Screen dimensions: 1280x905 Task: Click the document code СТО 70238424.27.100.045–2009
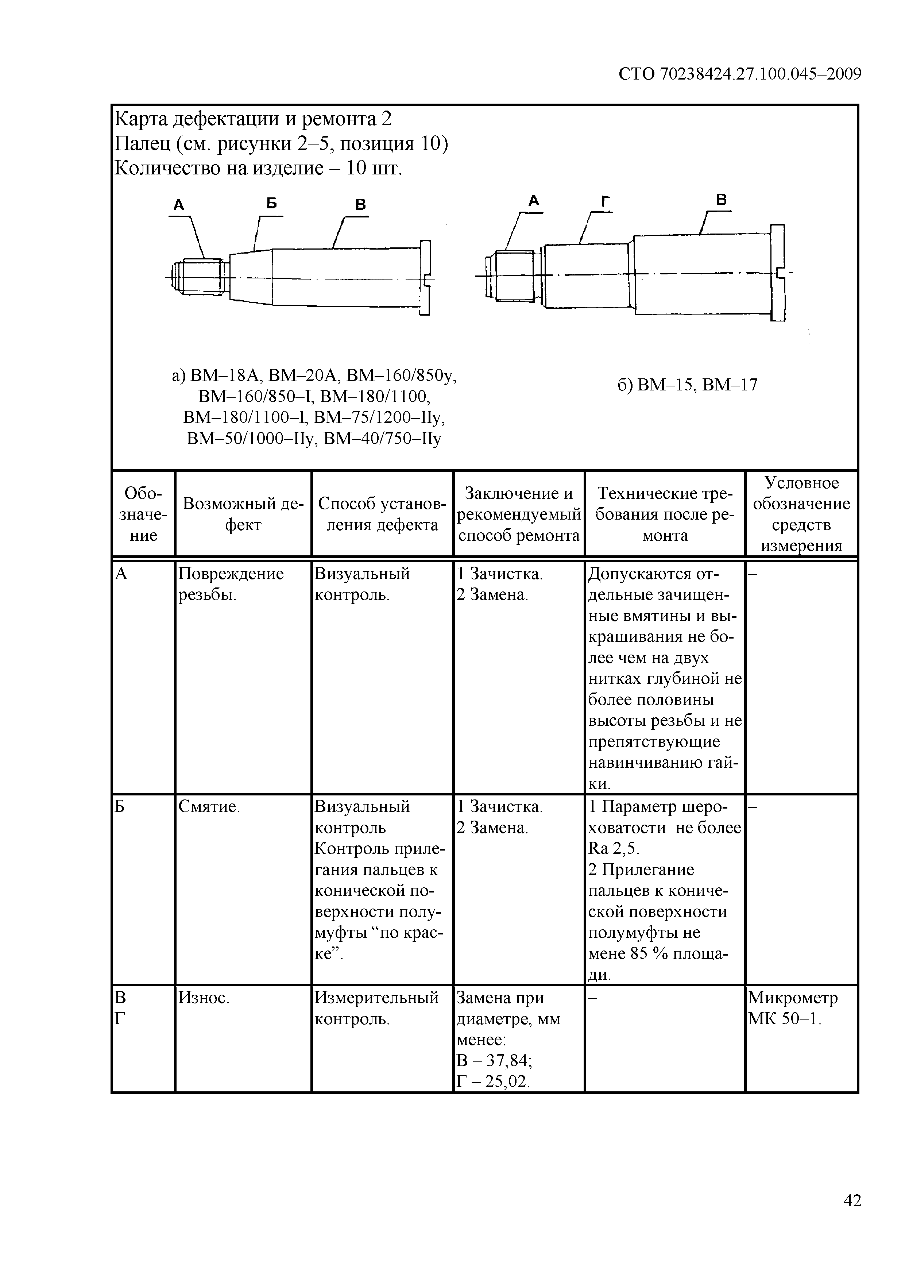click(x=740, y=74)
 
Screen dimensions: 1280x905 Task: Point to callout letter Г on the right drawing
click(x=605, y=201)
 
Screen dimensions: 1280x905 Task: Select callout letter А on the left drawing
click(x=178, y=205)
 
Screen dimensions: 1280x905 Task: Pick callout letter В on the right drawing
click(x=721, y=200)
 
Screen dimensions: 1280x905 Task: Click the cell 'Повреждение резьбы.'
click(x=231, y=584)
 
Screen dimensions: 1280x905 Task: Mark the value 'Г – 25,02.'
click(x=492, y=1082)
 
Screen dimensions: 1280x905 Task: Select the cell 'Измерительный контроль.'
click(x=377, y=1008)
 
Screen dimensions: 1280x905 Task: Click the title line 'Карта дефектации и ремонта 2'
click(x=253, y=119)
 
